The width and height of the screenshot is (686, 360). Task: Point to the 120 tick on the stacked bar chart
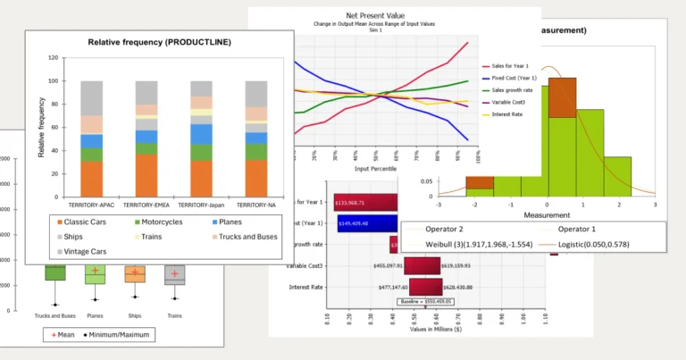(54, 58)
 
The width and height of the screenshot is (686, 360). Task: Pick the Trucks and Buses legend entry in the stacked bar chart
(245, 237)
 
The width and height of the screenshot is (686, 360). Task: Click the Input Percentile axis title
(374, 168)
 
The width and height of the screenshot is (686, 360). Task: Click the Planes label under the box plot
(96, 314)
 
